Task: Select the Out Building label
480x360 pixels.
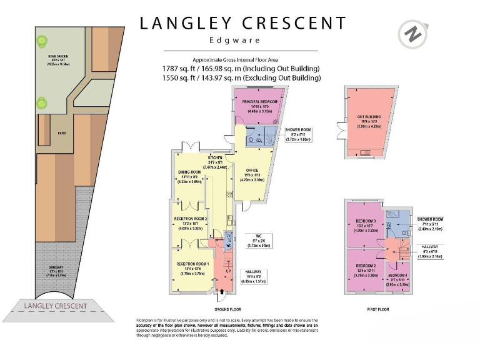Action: pos(369,117)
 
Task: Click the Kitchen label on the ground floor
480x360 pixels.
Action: pos(217,157)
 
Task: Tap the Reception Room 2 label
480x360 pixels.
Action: pos(190,219)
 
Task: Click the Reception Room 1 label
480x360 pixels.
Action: pos(192,264)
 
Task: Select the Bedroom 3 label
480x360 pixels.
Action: pos(366,222)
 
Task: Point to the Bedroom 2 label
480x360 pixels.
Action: pos(365,266)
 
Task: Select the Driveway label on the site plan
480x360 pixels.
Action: pos(57,272)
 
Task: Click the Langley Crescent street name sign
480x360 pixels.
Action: pos(55,306)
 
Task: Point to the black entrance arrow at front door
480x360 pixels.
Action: pos(221,291)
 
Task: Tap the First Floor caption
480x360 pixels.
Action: pos(378,309)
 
